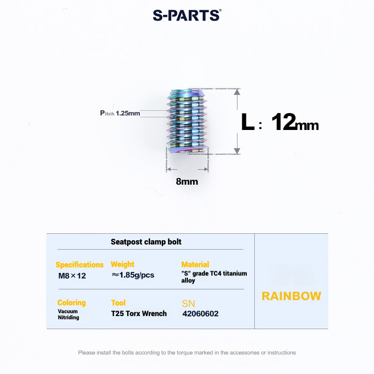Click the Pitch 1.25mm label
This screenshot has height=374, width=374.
[x=120, y=113]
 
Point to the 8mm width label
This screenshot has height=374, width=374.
[x=187, y=181]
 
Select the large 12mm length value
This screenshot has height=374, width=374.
[x=295, y=122]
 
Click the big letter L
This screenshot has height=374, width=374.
[x=247, y=122]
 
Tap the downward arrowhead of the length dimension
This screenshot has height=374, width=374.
[x=237, y=151]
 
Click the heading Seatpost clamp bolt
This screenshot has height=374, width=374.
[x=146, y=242]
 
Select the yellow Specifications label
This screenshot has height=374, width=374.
[x=79, y=265]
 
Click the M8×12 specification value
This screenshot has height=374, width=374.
[x=72, y=275]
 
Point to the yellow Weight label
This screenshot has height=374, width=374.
[x=122, y=265]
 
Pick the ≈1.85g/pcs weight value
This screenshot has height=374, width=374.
[x=133, y=275]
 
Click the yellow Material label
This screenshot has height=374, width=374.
[x=195, y=265]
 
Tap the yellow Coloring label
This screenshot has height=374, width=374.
[x=72, y=303]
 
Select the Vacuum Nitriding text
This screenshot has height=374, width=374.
[x=68, y=314]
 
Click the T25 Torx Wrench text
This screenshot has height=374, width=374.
[x=139, y=314]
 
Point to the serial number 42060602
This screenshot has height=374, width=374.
[x=200, y=314]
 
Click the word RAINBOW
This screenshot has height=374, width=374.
[x=291, y=296]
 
